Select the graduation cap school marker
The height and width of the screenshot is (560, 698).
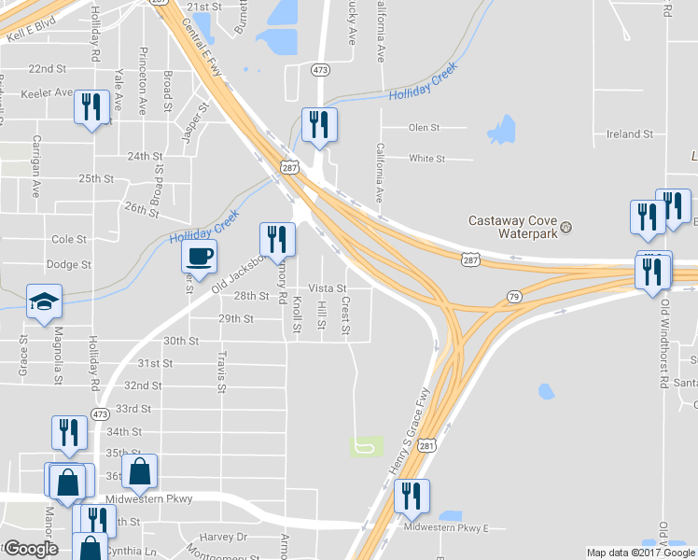click(44, 301)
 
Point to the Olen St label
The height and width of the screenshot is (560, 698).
click(424, 128)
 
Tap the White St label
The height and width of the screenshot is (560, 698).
click(426, 159)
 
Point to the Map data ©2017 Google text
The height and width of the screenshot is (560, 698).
click(640, 553)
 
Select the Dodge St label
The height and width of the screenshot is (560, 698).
click(68, 264)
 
